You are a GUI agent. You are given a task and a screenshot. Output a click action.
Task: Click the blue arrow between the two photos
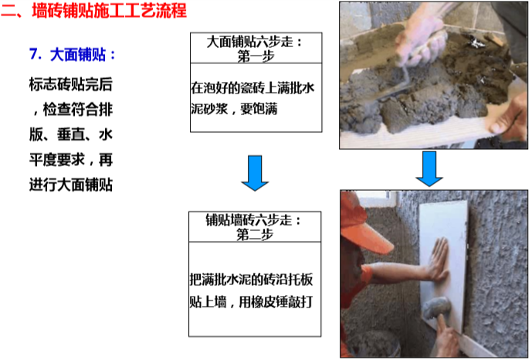coord(429,168)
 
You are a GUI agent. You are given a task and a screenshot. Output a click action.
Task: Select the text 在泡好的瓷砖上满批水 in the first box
coord(252,88)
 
